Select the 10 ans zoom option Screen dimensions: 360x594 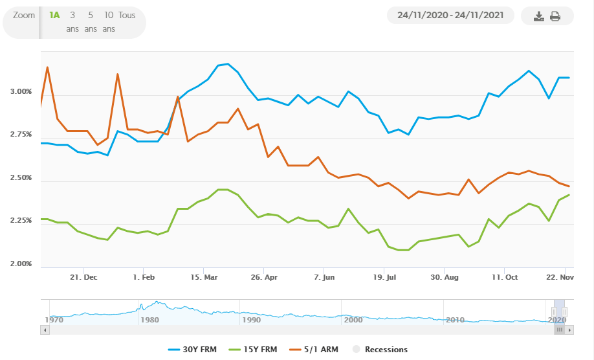[109, 21]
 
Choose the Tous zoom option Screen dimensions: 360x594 [127, 15]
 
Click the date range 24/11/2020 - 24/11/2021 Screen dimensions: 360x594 [450, 16]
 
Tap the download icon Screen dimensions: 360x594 [539, 16]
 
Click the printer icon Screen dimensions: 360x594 [555, 16]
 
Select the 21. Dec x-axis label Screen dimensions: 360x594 [84, 276]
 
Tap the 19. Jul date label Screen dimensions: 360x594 [384, 276]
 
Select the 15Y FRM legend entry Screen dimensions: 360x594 [256, 350]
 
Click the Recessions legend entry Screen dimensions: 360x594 [380, 350]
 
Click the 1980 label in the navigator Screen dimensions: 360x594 [149, 320]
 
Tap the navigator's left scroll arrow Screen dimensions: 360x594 [45, 330]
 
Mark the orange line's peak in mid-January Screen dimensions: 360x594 [118, 74]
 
